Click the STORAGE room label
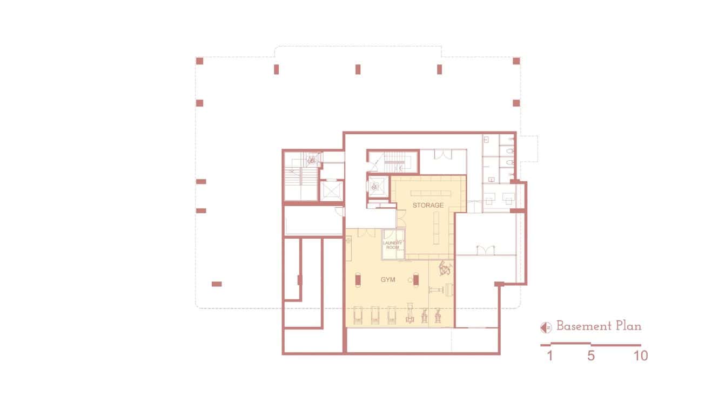pyautogui.click(x=428, y=206)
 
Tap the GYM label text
pyautogui.click(x=388, y=280)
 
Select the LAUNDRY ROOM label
pyautogui.click(x=393, y=245)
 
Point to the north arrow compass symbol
pyautogui.click(x=546, y=327)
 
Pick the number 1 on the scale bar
pyautogui.click(x=549, y=356)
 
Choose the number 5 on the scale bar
pyautogui.click(x=590, y=356)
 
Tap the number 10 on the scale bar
pyautogui.click(x=641, y=356)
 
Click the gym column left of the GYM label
pyautogui.click(x=358, y=279)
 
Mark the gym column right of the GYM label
pyautogui.click(x=417, y=279)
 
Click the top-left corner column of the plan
pyautogui.click(x=199, y=61)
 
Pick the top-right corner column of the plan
pyautogui.click(x=516, y=61)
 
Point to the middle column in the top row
pyautogui.click(x=358, y=69)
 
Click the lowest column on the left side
pyautogui.click(x=216, y=284)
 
